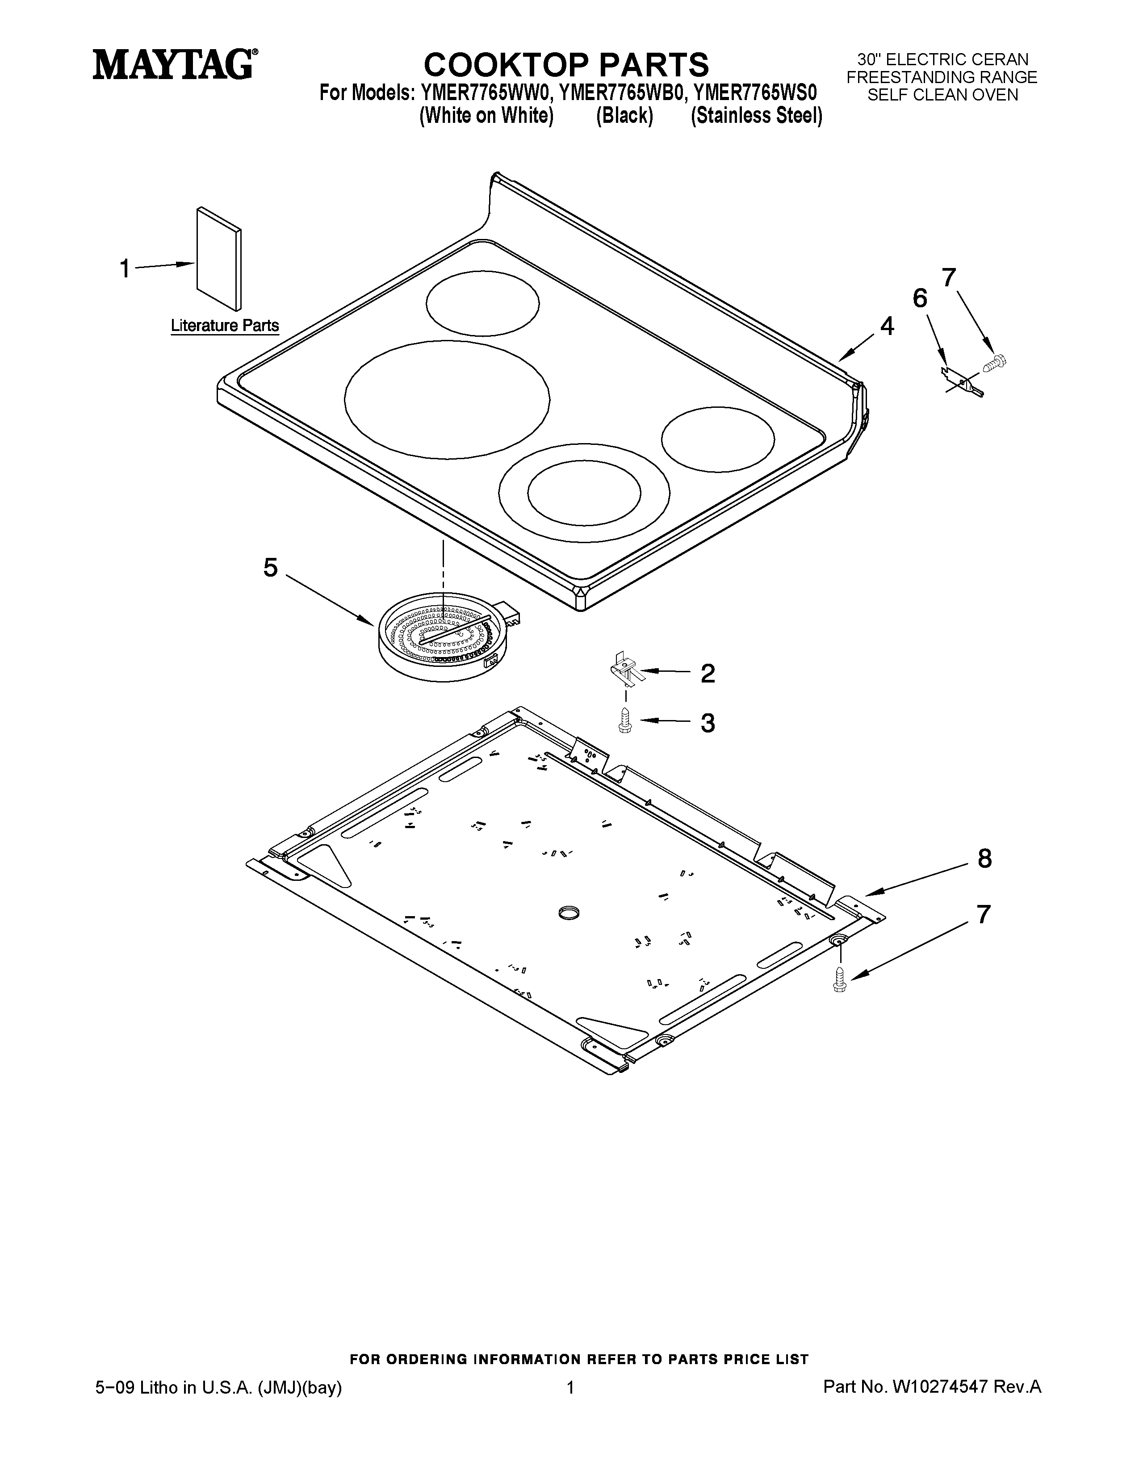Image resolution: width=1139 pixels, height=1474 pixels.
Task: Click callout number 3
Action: pos(707,723)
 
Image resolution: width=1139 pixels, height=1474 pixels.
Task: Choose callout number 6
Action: pos(920,298)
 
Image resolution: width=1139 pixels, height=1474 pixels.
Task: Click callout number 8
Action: pos(984,858)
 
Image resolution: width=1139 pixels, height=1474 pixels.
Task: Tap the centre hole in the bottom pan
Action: pos(569,913)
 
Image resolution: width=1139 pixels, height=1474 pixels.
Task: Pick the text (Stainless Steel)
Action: pos(756,116)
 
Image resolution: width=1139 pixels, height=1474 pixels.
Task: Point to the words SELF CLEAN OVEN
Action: pos(942,95)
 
